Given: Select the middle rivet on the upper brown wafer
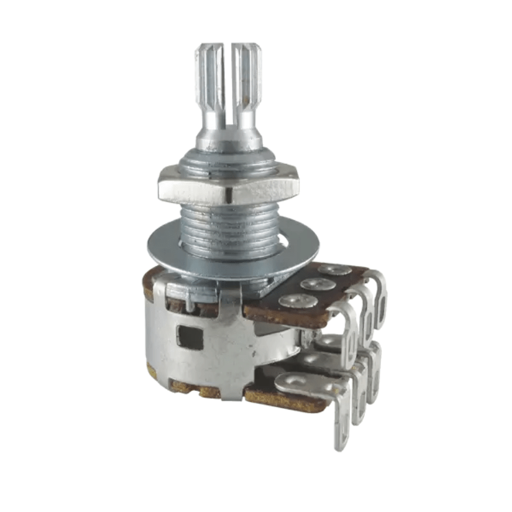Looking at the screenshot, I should pos(318,284).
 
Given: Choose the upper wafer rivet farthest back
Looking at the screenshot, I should pos(335,270).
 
